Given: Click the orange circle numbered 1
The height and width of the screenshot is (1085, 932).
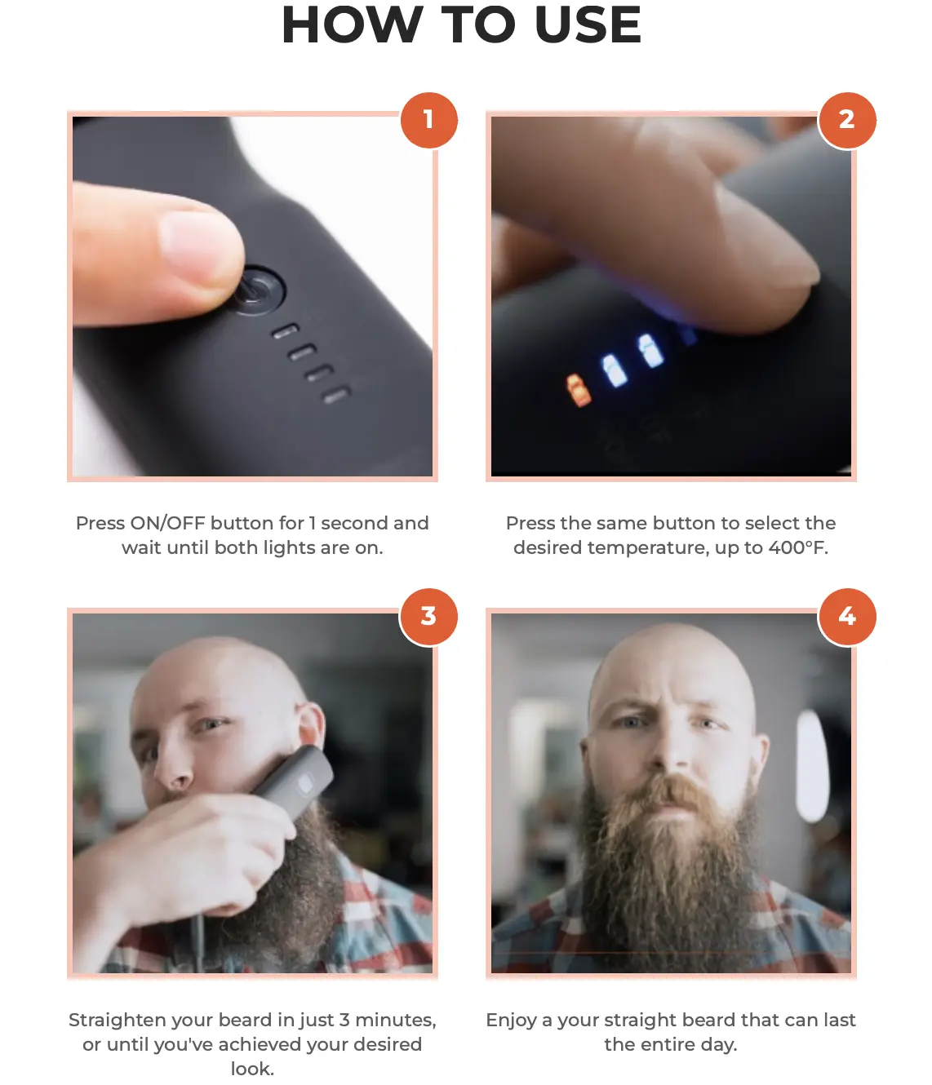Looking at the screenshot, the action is click(428, 120).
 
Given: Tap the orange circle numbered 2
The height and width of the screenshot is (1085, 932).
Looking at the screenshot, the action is click(846, 120).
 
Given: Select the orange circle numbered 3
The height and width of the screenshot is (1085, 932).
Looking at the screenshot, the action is click(428, 617).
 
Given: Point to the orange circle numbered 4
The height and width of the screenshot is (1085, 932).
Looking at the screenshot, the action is click(846, 617).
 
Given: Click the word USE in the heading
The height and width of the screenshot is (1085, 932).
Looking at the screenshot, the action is click(588, 24).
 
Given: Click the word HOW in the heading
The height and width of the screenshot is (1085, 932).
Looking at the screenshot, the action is click(352, 24).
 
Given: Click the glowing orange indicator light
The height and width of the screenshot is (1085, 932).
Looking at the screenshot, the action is click(578, 389).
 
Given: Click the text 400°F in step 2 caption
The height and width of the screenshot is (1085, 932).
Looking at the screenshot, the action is click(798, 547).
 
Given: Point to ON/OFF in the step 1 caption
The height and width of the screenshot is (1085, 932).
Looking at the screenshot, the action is click(167, 523).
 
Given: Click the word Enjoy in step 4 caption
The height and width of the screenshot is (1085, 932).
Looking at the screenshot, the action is click(511, 1020).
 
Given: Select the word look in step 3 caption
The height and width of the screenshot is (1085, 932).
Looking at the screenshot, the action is click(252, 1068).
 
